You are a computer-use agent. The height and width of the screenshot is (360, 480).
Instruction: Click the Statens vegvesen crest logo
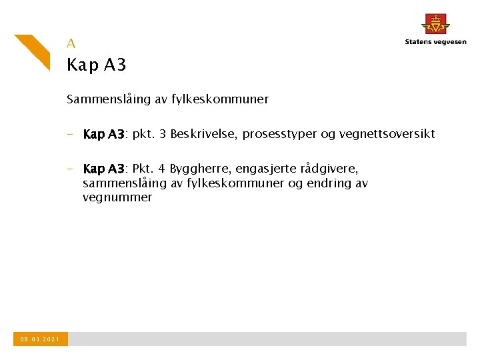pos(435,24)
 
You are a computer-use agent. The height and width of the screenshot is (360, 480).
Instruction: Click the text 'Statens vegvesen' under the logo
pos(435,42)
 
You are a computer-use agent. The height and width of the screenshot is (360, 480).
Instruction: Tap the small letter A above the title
pos(71,43)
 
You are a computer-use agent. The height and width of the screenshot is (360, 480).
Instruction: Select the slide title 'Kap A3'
pos(97,65)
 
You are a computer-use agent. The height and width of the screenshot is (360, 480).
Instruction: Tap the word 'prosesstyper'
pos(280,134)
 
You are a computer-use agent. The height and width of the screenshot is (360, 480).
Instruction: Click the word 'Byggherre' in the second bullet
pos(199,169)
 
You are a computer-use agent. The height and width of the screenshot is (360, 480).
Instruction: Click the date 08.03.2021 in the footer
pos(40,339)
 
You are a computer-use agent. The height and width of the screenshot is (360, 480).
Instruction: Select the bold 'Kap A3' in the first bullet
pos(104,134)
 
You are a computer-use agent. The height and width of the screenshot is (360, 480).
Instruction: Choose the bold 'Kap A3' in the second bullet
pos(104,169)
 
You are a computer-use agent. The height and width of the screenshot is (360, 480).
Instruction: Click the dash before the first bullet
pos(70,134)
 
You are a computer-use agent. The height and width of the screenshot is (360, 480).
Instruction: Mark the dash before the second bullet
pos(70,169)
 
